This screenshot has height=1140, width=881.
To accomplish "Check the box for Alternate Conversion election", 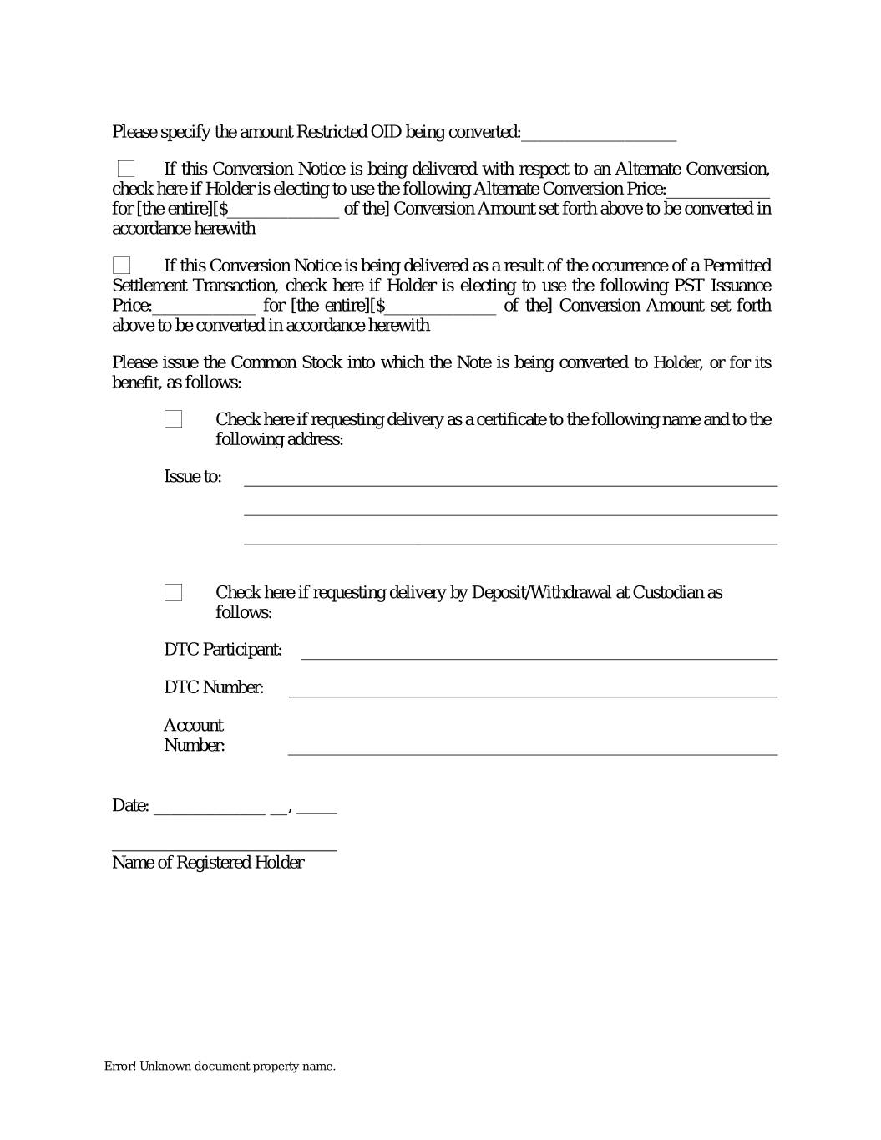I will (126, 170).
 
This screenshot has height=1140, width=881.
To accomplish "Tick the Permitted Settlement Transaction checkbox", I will (122, 266).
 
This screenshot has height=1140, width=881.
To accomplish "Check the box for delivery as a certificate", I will (174, 419).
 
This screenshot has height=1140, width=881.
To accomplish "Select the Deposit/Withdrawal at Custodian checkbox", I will (174, 593).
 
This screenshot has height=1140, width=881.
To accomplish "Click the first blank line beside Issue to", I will (510, 480).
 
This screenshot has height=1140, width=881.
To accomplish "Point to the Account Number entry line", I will (533, 749).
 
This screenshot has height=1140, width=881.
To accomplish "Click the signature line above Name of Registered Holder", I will (225, 846).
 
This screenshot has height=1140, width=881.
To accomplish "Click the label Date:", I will (130, 806).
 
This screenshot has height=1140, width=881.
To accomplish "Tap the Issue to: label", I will (193, 477).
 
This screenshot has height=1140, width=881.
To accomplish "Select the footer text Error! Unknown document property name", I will (220, 1067).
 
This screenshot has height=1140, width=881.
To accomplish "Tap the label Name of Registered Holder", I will (208, 863).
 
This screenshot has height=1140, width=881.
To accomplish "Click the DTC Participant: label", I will (223, 650).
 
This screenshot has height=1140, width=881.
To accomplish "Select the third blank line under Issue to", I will (510, 540).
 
